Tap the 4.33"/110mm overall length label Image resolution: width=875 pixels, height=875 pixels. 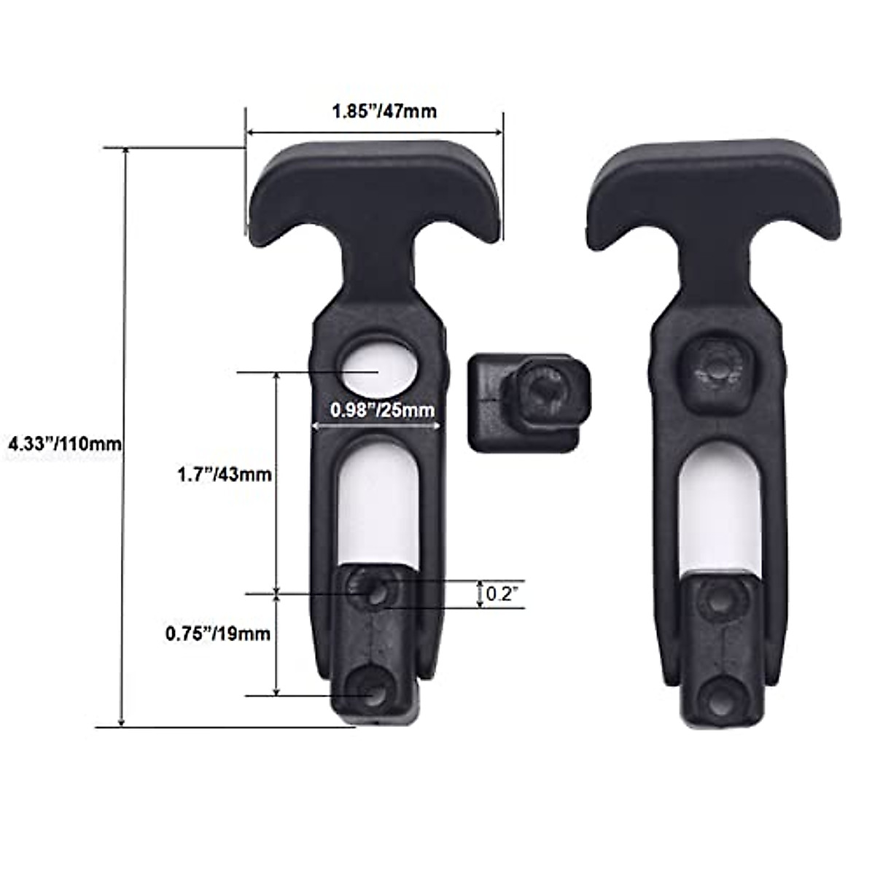click(61, 443)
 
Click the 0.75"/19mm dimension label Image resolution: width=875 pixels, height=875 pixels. click(217, 634)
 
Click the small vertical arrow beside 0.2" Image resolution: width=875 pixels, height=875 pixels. click(480, 594)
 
